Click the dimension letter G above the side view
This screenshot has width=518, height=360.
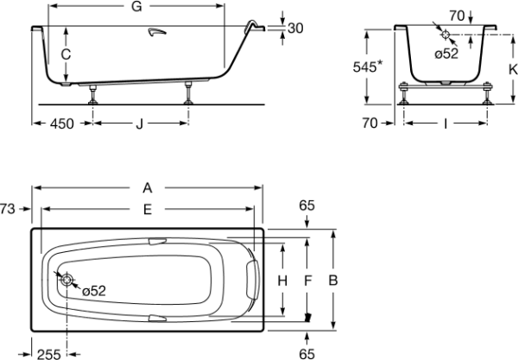[136, 6]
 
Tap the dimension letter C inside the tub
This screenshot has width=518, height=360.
[66, 54]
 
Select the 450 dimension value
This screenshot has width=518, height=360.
[62, 123]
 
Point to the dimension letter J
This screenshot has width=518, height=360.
[140, 123]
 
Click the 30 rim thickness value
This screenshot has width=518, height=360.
[295, 28]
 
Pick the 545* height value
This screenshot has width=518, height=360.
[368, 66]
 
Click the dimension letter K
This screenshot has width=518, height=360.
[513, 69]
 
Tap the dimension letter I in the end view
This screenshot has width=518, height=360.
[445, 123]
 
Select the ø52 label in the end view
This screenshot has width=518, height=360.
[446, 54]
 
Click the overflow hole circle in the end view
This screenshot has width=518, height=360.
[445, 35]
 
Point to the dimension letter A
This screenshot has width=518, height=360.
[148, 188]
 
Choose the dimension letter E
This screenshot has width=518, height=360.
[148, 210]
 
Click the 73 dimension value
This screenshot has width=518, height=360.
[7, 209]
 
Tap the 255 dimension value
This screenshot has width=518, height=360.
[49, 354]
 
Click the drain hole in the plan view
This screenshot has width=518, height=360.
[66, 280]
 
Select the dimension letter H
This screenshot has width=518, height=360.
[282, 281]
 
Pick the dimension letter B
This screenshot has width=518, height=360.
[333, 281]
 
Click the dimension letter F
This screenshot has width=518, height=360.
[308, 281]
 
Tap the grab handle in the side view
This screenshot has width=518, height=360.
[157, 31]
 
